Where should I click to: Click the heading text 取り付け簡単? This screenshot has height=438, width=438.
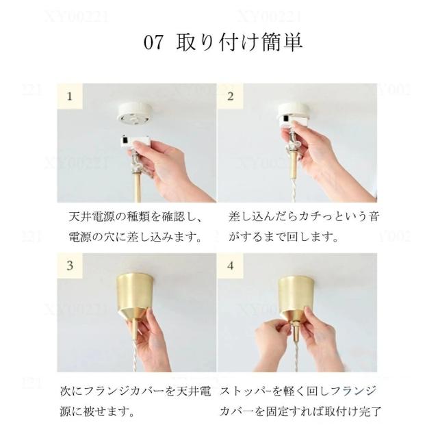tap(240, 42)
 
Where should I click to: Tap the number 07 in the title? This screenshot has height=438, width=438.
tap(153, 43)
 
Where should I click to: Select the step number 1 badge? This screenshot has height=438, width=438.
tap(70, 96)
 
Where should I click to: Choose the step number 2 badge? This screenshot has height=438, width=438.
tap(231, 96)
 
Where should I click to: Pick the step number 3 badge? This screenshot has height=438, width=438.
tap(70, 266)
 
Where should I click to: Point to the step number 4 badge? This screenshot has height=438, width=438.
tap(231, 266)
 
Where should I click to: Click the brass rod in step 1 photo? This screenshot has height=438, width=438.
tap(137, 188)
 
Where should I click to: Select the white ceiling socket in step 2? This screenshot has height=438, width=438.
tap(294, 114)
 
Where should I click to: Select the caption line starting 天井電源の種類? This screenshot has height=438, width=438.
tap(136, 217)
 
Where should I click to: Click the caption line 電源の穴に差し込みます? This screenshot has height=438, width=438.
tap(136, 237)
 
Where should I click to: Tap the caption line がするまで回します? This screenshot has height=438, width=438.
tap(284, 237)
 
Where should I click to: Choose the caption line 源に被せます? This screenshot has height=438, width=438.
tap(98, 411)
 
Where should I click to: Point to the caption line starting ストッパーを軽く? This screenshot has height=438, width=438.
tap(298, 391)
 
